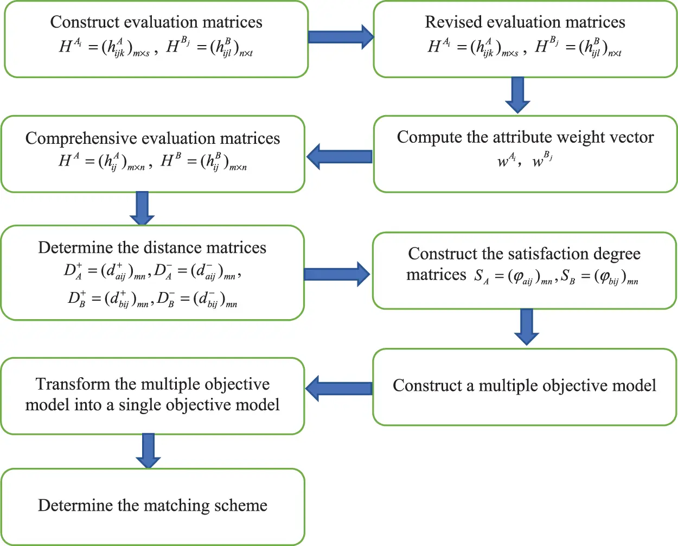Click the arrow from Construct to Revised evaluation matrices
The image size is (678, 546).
pos(341,37)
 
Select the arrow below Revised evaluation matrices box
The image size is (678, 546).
pos(517,95)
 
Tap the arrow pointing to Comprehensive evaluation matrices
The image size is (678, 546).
pos(339,156)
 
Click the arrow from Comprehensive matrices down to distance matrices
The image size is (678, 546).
pos(142,208)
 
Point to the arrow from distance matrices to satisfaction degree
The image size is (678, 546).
pos(337,274)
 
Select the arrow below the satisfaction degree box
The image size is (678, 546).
pos(526,327)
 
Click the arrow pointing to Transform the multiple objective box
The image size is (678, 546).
pos(338,388)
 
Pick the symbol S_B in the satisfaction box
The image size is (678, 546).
pos(568,277)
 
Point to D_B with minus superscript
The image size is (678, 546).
pos(167,299)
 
